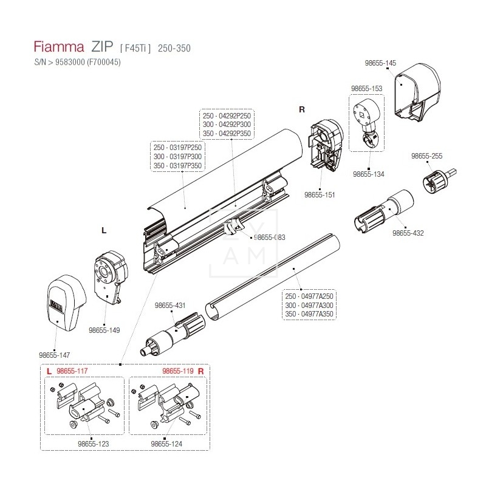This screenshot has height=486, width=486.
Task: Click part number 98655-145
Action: coord(381,63)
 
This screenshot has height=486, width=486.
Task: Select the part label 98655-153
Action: coord(367,88)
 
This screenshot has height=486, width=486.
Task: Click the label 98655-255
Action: coord(426,156)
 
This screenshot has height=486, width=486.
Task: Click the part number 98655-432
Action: coord(408,233)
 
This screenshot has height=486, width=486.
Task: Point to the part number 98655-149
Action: coord(104,330)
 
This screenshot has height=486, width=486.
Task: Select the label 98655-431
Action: coord(169,306)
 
